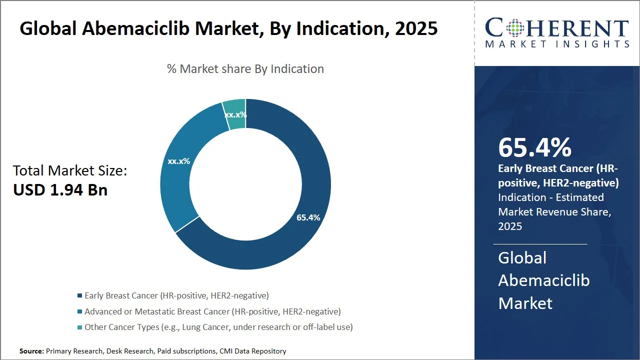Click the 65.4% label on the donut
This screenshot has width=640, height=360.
coord(308,217)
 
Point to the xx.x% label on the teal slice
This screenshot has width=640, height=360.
coord(235,115)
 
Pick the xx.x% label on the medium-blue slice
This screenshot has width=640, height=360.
coord(179,161)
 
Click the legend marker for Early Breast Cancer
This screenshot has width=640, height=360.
coord(79,295)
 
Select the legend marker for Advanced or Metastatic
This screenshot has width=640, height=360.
coord(79,311)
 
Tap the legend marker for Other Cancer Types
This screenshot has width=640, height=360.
coord(79,327)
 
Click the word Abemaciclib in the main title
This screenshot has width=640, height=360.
coord(135,28)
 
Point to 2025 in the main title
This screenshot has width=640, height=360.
coord(416,28)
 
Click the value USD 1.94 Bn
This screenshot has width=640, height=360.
coord(60,190)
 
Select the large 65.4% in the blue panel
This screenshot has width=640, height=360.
coord(534,147)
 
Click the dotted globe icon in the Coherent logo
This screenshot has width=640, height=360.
coord(515,28)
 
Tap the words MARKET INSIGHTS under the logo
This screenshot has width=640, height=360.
coord(557,44)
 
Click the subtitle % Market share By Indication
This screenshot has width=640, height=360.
coord(245,69)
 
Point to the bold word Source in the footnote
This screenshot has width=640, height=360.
coord(31,351)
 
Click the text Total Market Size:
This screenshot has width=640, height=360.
coord(70,171)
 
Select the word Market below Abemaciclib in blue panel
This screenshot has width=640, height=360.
coord(525,303)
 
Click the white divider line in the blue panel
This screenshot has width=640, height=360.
coord(540,244)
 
